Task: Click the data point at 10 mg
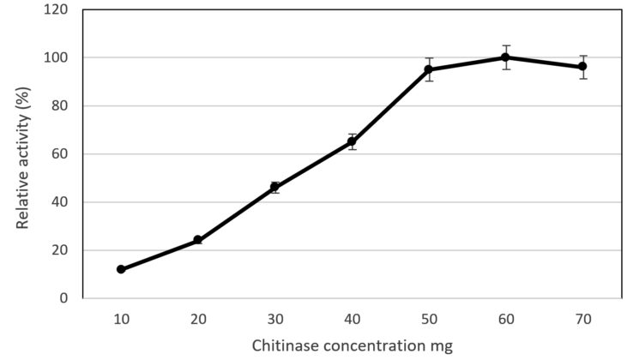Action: pyautogui.click(x=121, y=269)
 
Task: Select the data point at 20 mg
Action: pyautogui.click(x=197, y=240)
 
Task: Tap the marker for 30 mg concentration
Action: pyautogui.click(x=274, y=187)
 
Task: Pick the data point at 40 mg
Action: pyautogui.click(x=352, y=141)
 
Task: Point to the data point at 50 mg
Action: pyautogui.click(x=429, y=69)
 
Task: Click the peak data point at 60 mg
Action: pyautogui.click(x=506, y=57)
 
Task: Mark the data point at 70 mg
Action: pyautogui.click(x=583, y=67)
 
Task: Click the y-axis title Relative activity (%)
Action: pyautogui.click(x=23, y=154)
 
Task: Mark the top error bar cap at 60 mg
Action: pyautogui.click(x=506, y=45)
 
